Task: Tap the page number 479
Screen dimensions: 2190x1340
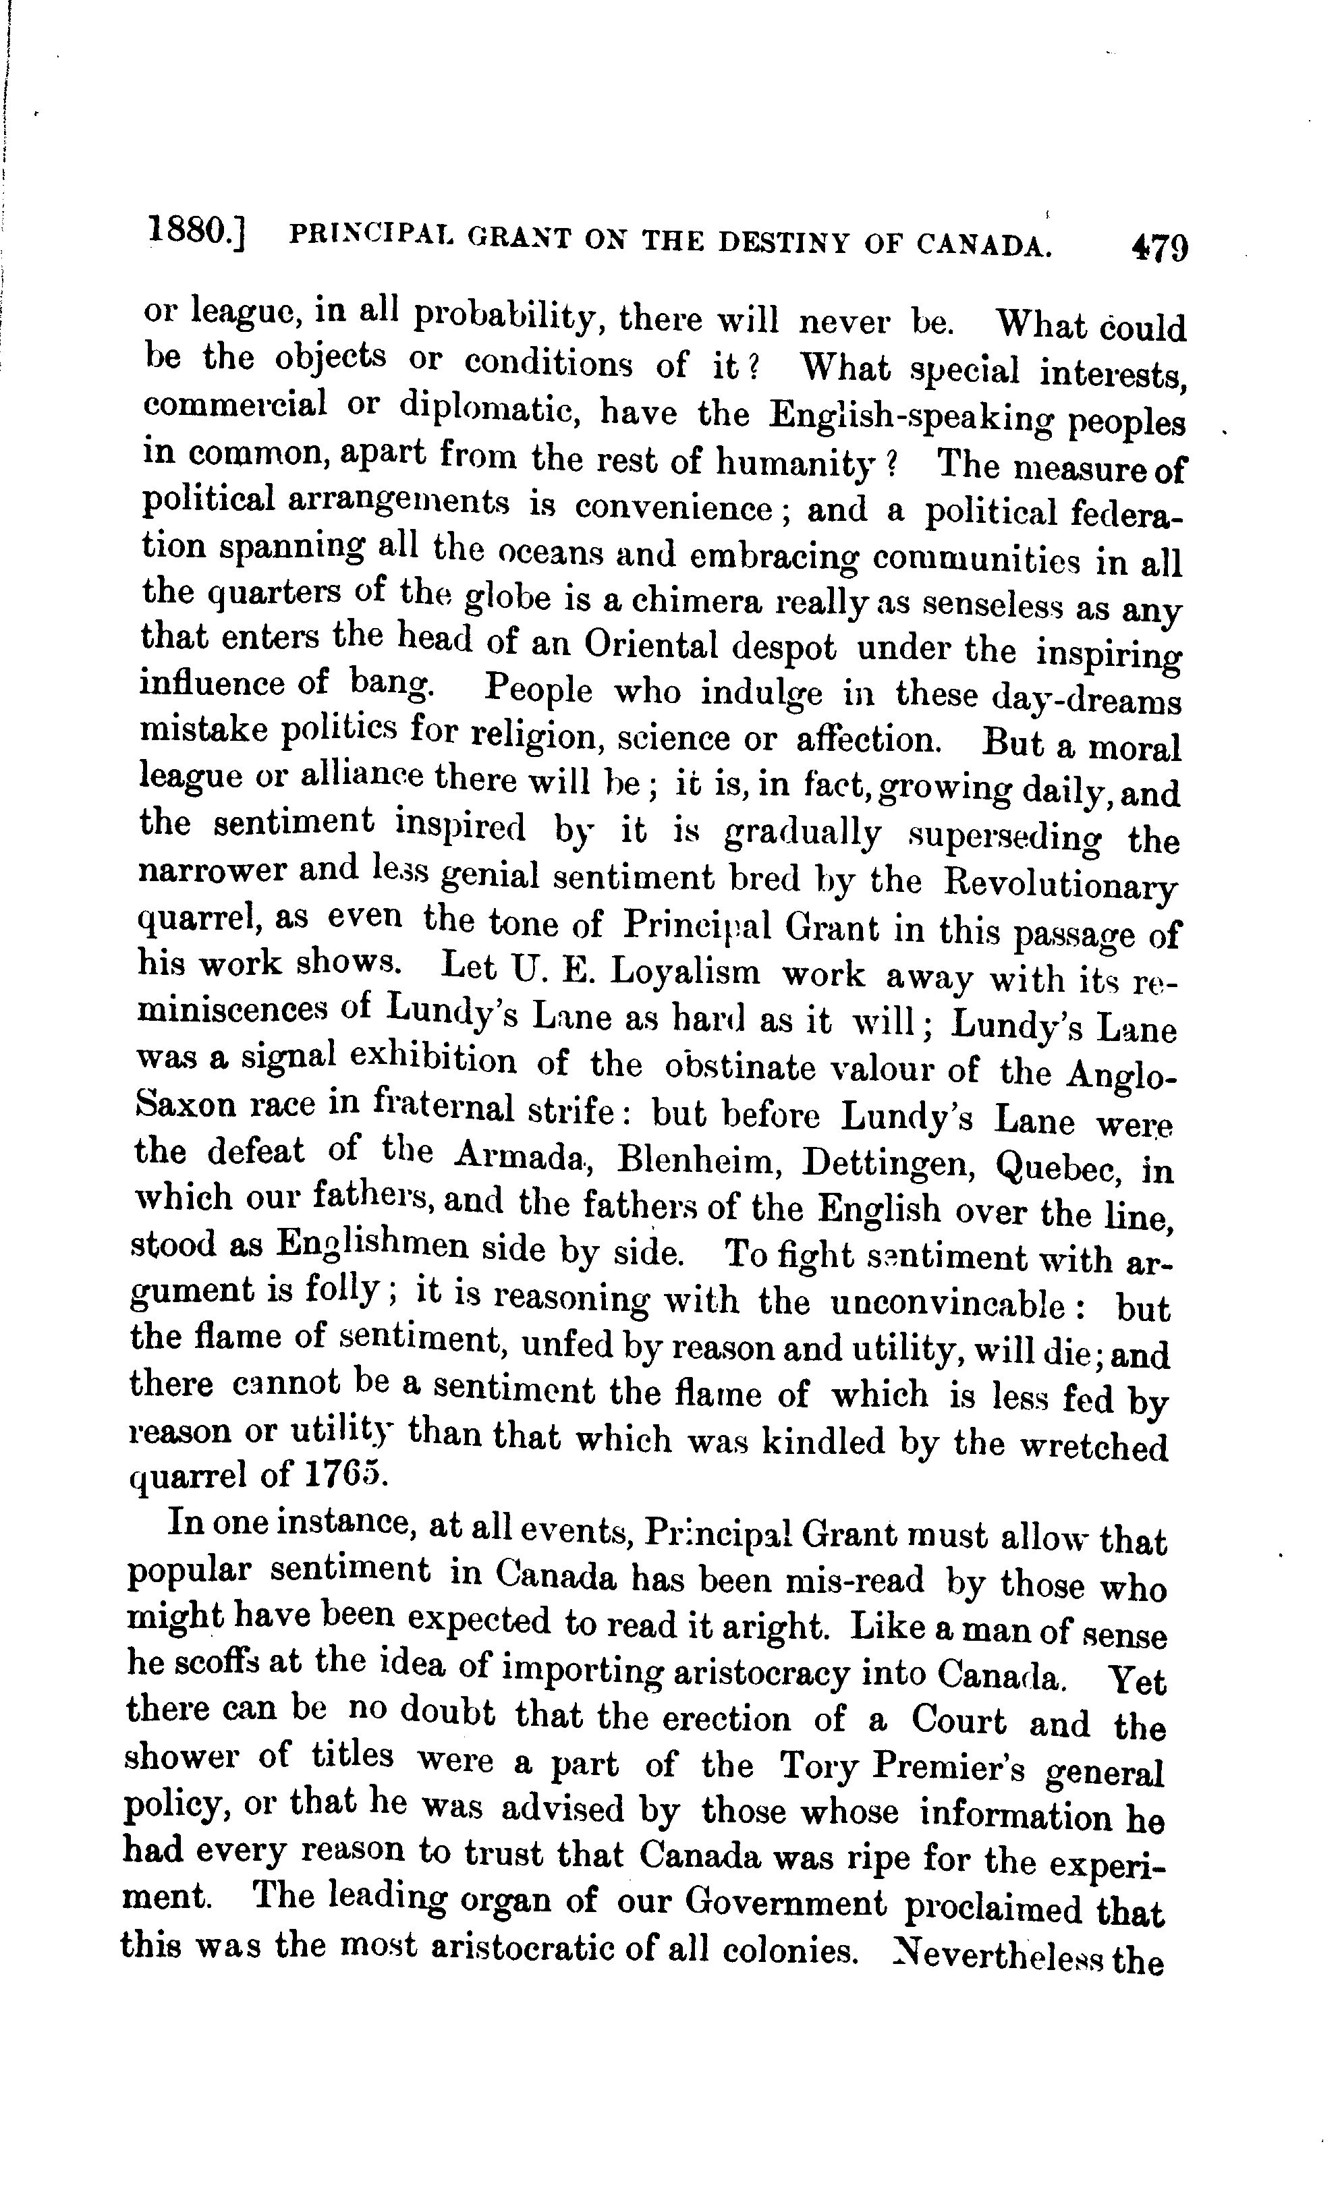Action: [x=1158, y=246]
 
